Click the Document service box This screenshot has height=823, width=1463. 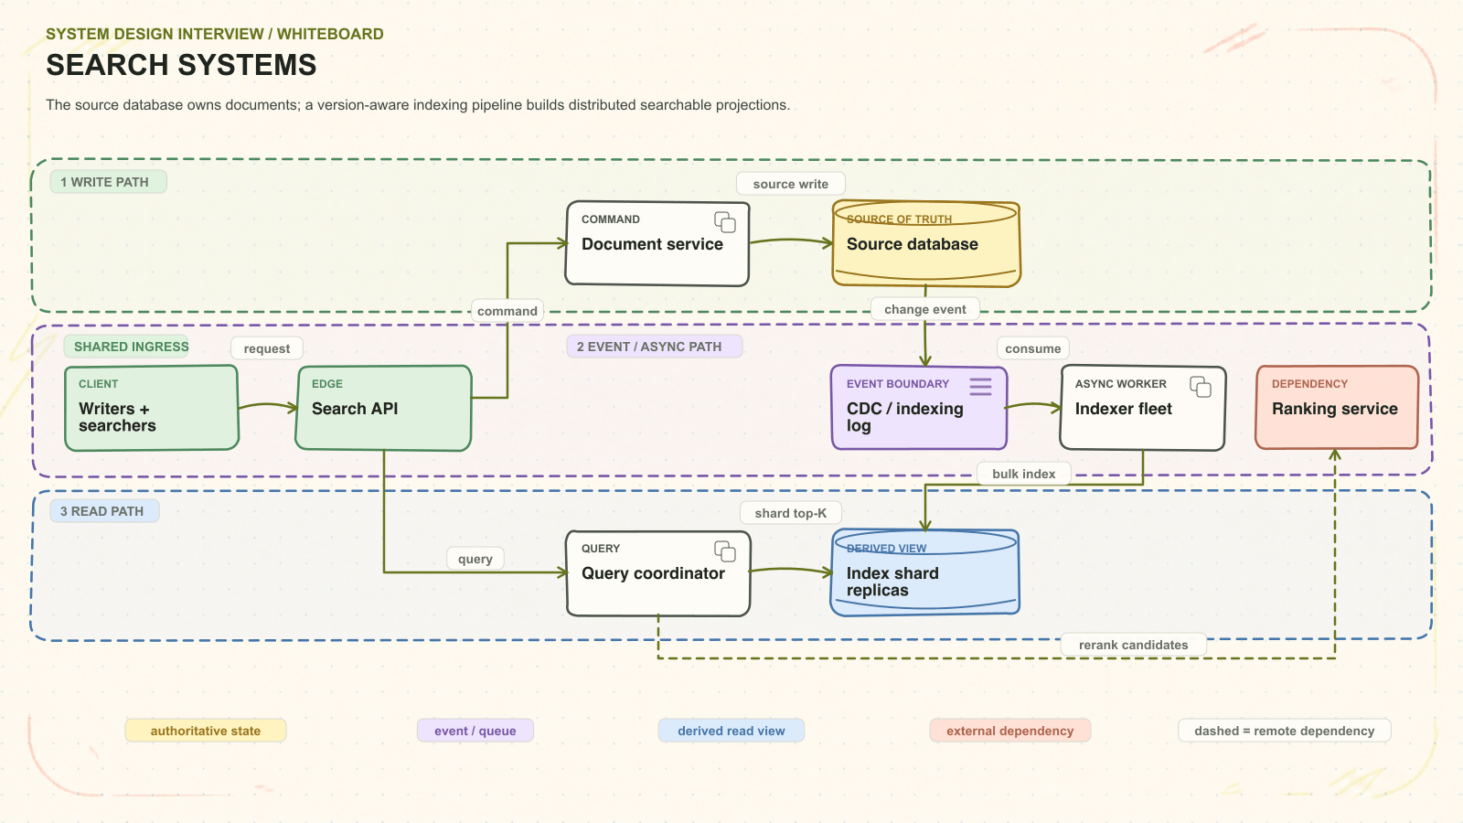tap(657, 243)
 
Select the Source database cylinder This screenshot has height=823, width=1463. tap(926, 243)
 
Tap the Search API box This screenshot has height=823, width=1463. tap(383, 408)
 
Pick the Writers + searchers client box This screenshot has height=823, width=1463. tap(152, 408)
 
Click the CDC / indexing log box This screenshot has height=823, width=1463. tap(919, 408)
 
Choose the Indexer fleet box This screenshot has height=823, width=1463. tap(1143, 408)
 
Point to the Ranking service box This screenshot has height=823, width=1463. tap(1337, 408)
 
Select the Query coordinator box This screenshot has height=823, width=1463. tap(658, 573)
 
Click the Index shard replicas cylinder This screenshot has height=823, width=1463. tap(924, 572)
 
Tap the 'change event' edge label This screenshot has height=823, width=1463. tap(924, 309)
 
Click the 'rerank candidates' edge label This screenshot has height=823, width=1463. tap(1133, 645)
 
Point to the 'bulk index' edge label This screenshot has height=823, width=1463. tap(1023, 474)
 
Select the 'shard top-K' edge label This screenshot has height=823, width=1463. tap(790, 513)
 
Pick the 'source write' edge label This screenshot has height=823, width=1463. tap(790, 184)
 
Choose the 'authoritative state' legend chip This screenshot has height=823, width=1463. tap(206, 731)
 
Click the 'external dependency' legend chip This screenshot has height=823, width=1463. tap(1009, 731)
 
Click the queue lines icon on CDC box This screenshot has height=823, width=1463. tap(980, 387)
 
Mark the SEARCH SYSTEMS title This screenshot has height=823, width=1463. tap(181, 65)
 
